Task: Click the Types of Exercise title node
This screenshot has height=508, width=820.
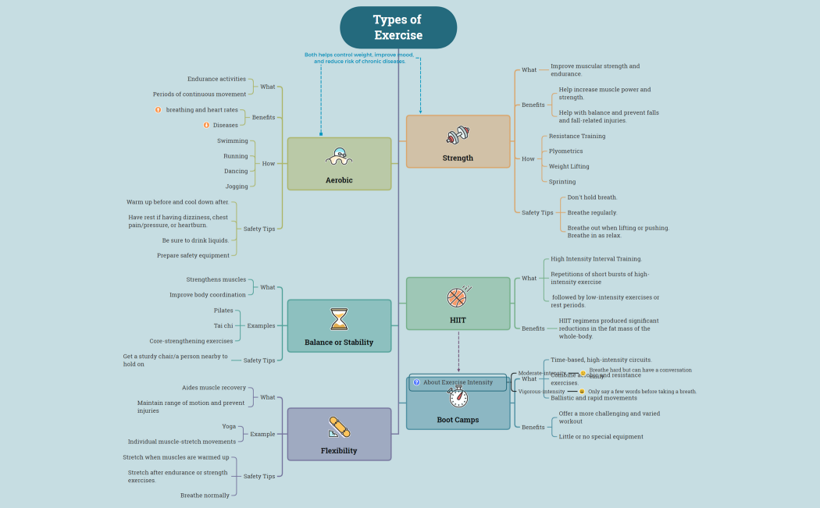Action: pos(398,27)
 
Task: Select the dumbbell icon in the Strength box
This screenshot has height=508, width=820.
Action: pos(458,136)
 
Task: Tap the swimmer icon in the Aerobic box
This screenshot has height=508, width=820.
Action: pos(339,157)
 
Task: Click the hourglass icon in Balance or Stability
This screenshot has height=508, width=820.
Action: pos(339,319)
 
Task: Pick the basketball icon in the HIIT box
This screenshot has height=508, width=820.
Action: pos(458,297)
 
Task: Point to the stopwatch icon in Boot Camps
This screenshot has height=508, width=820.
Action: pos(458,397)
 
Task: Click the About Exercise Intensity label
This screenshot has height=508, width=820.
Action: pos(458,382)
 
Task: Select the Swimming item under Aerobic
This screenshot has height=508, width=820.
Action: pos(233,141)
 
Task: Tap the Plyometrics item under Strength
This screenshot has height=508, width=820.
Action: pos(565,151)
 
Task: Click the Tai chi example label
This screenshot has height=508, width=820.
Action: pos(223,325)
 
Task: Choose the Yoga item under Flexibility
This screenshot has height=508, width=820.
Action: pos(229,426)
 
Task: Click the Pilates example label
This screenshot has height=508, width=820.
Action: pos(223,311)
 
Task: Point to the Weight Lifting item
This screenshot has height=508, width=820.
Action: pos(569,166)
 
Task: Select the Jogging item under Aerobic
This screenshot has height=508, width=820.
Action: pos(237,187)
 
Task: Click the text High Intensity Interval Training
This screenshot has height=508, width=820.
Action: pos(596,259)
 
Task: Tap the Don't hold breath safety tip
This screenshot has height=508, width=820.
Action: pos(592,197)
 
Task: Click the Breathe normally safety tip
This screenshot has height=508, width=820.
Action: pos(205,496)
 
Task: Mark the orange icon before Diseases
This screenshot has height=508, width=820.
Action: pos(206,125)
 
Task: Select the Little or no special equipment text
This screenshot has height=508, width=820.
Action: pos(601,437)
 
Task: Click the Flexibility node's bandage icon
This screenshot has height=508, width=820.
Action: pos(339,428)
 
